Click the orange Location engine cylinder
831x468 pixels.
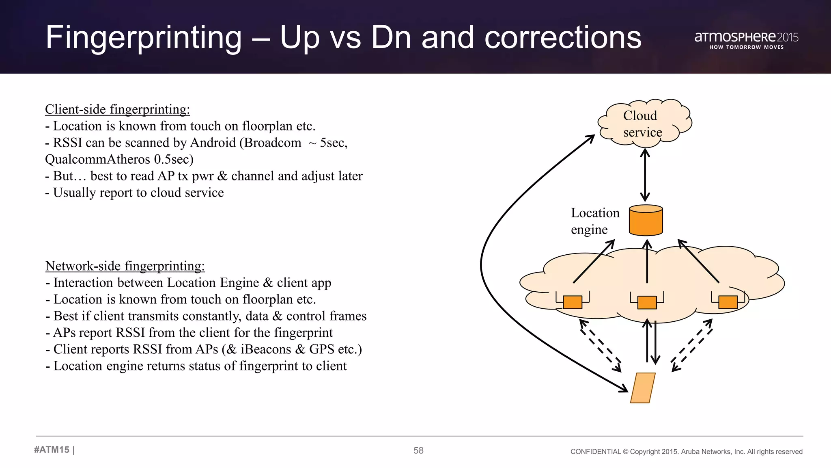(646, 221)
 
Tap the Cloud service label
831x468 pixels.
(642, 124)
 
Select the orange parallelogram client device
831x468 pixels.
(643, 388)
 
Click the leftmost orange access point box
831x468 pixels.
(573, 302)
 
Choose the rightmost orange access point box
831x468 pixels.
(728, 302)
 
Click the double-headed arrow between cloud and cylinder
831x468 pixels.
(645, 175)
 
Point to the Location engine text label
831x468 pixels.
(594, 221)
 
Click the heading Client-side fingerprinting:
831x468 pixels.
(117, 109)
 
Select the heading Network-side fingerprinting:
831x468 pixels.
(125, 266)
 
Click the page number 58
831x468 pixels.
(418, 451)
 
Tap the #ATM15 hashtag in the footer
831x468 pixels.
(52, 450)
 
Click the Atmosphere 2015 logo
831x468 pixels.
(746, 40)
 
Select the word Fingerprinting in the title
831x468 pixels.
(144, 38)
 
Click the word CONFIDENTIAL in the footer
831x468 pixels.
(595, 452)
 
